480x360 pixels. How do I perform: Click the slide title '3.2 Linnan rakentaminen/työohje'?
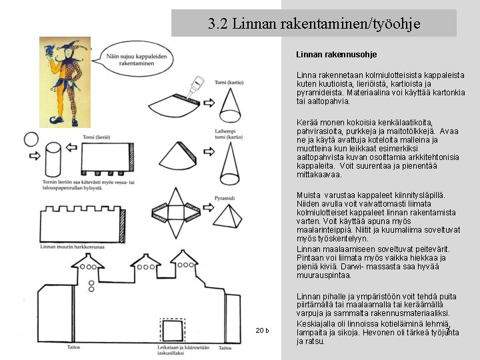[314, 24]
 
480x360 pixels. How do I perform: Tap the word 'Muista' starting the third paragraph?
[307, 194]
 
